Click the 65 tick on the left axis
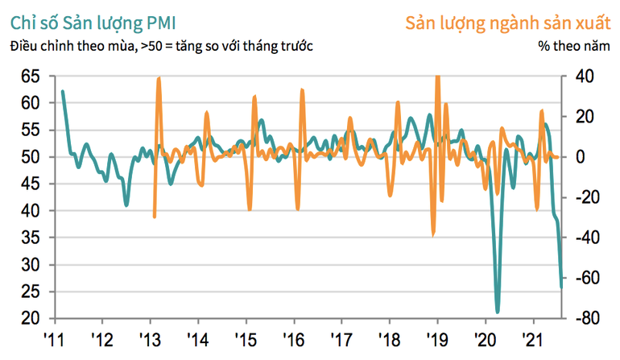pyautogui.click(x=30, y=76)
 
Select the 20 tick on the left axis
pyautogui.click(x=30, y=319)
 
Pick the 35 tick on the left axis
pyautogui.click(x=30, y=238)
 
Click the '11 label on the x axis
pyautogui.click(x=54, y=338)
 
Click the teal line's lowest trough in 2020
pyautogui.click(x=498, y=312)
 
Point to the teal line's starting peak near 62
pyautogui.click(x=63, y=92)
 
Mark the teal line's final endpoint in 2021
pyautogui.click(x=561, y=287)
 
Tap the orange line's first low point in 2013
pyautogui.click(x=154, y=217)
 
